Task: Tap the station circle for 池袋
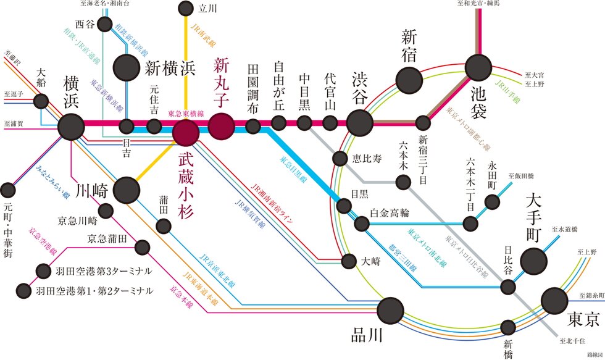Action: point(478,67)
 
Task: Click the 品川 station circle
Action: point(391,310)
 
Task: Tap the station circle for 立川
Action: point(185,9)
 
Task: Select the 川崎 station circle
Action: point(127,190)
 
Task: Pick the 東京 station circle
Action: point(554,301)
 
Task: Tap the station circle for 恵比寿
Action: point(340,159)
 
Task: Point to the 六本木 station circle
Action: point(403,182)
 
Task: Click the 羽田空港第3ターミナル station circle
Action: point(43,270)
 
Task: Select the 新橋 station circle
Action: point(509,327)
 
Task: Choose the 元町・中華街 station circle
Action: point(7,190)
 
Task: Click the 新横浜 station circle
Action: point(127,67)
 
